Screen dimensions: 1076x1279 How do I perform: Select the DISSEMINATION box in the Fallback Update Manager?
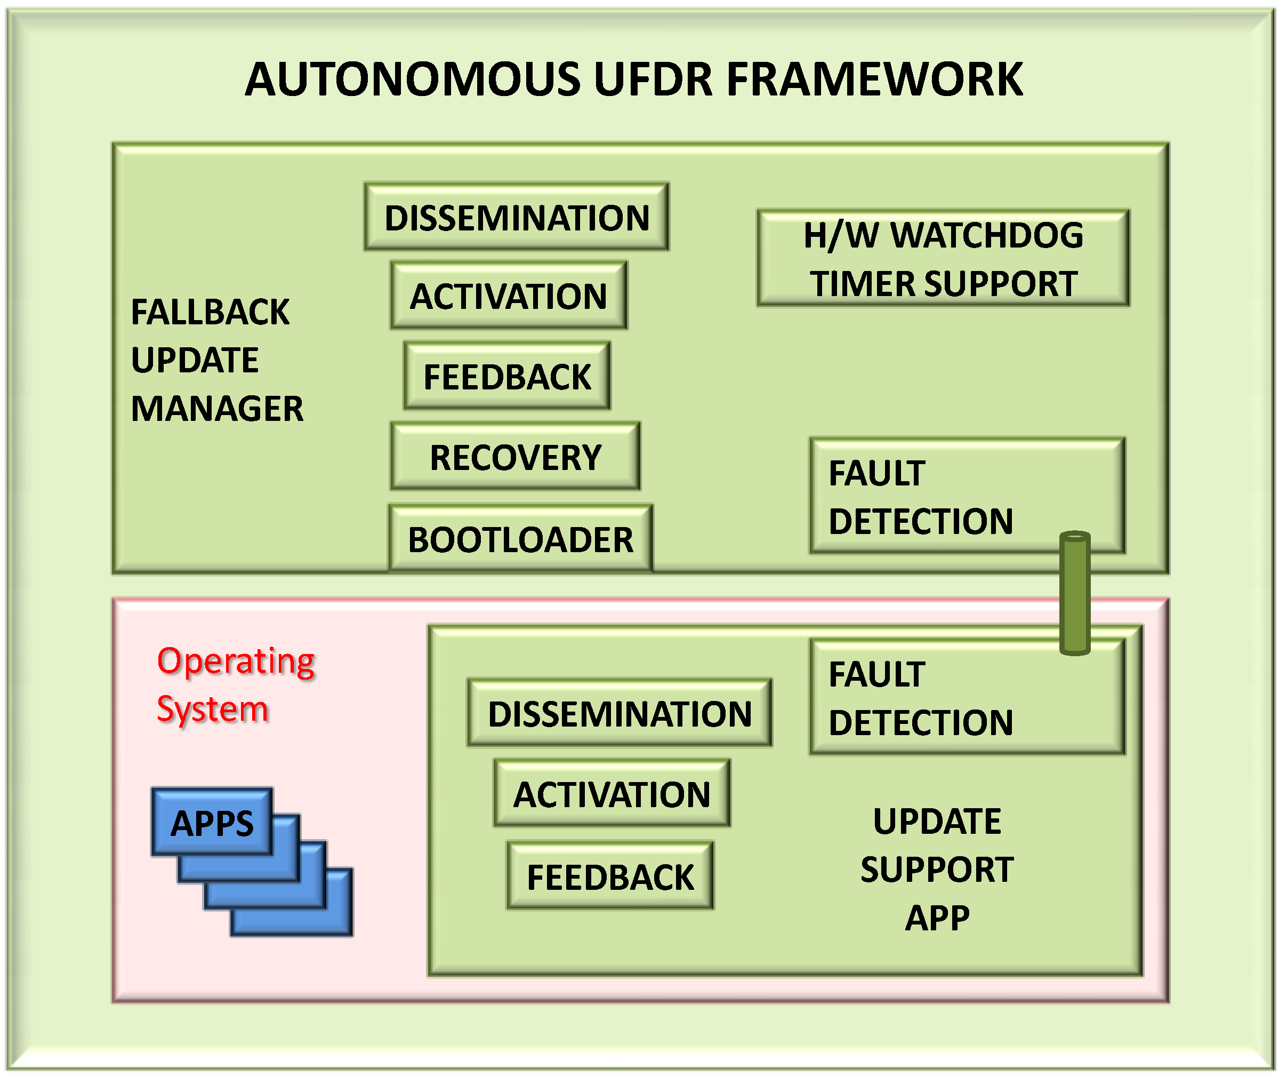coord(517,217)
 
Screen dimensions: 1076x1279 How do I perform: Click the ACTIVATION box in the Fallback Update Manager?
coord(509,296)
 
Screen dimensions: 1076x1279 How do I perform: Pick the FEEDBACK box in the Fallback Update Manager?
coord(506,376)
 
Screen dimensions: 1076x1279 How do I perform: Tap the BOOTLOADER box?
coord(520,539)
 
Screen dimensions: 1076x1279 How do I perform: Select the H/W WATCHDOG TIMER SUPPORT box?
coord(943,259)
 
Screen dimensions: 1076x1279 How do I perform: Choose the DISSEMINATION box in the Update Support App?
coord(620,713)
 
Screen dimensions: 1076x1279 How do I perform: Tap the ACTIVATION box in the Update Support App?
coord(612,794)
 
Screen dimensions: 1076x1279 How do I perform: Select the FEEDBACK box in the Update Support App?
coord(609,876)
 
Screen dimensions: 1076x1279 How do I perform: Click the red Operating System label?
coord(235,684)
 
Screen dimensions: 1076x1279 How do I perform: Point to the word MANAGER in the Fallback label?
coord(216,408)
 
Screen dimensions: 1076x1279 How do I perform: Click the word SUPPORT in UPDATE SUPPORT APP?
coord(936,869)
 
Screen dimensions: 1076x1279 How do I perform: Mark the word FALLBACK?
coord(210,312)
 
